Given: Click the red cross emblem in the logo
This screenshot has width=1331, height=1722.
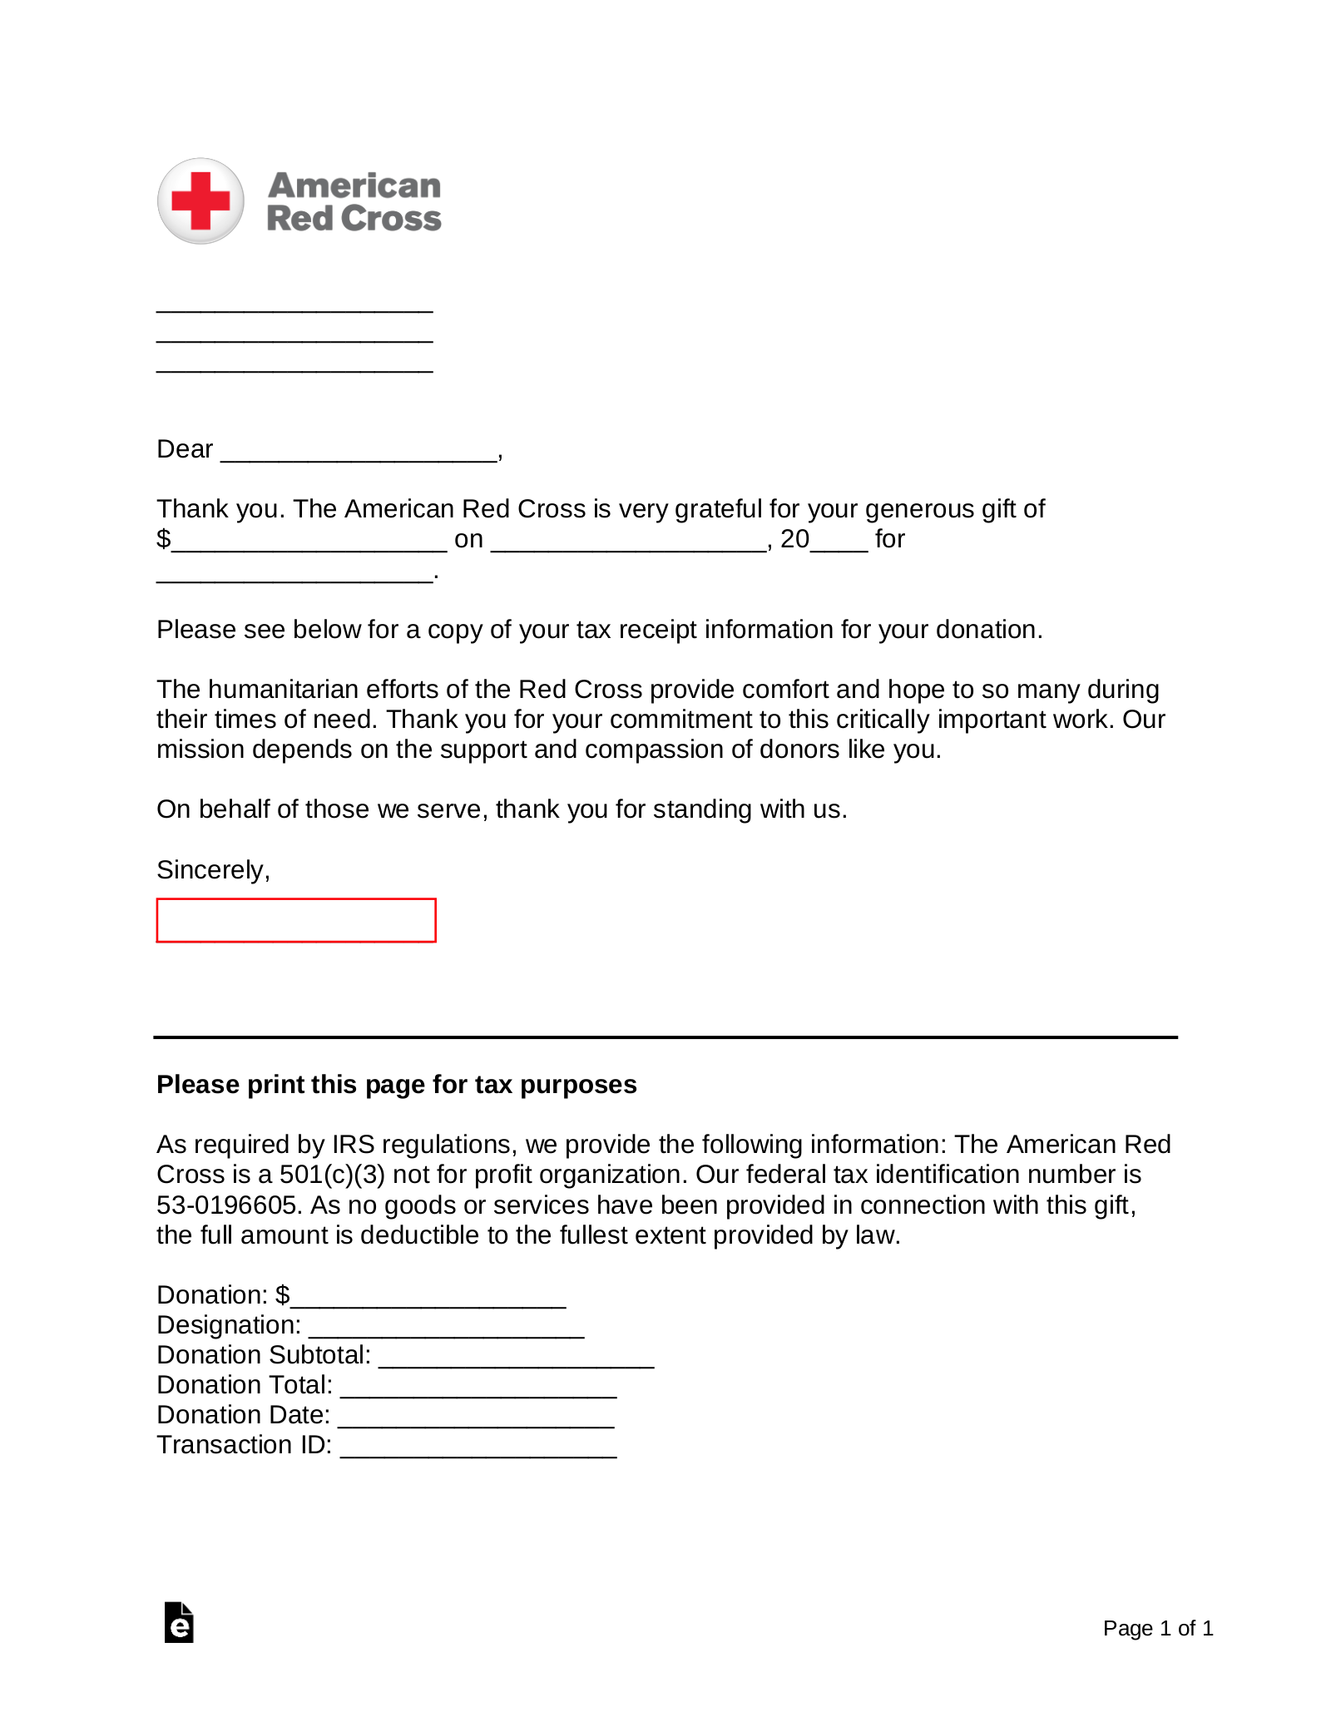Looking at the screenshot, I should pyautogui.click(x=200, y=200).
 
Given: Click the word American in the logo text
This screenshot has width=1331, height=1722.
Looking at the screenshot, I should pyautogui.click(x=354, y=186).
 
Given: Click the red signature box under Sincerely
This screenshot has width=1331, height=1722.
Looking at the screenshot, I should pyautogui.click(x=296, y=920).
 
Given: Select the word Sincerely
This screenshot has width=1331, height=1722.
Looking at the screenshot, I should pyautogui.click(x=211, y=870).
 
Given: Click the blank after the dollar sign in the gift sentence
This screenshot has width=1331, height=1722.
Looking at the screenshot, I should pyautogui.click(x=309, y=544).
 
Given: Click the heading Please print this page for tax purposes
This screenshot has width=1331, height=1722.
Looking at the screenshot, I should pyautogui.click(x=396, y=1085).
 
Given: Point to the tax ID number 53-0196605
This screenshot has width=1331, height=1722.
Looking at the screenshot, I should pyautogui.click(x=227, y=1205).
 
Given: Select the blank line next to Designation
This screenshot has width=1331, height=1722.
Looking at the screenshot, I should pyautogui.click(x=446, y=1329).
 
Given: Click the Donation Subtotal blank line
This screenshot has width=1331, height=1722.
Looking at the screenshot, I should pyautogui.click(x=516, y=1359).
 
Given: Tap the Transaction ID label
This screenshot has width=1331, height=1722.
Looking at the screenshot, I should pyautogui.click(x=244, y=1445).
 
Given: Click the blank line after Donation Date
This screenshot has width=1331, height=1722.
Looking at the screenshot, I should pyautogui.click(x=476, y=1419).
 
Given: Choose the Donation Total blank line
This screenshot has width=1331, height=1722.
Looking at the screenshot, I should pyautogui.click(x=478, y=1389).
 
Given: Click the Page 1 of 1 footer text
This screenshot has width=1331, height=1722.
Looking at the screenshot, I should pyautogui.click(x=1157, y=1628).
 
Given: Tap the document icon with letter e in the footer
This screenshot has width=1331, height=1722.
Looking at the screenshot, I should pyautogui.click(x=179, y=1622).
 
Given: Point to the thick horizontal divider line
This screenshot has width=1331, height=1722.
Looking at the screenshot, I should pyautogui.click(x=665, y=1037).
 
